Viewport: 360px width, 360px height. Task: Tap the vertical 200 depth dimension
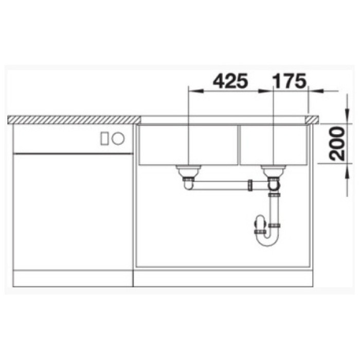click(x=338, y=143)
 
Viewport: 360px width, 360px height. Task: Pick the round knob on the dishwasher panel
click(x=118, y=138)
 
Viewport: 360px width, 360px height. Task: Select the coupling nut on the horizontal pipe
click(x=250, y=184)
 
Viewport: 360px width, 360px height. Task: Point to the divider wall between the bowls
click(x=239, y=145)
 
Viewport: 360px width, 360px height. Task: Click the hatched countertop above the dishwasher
click(x=72, y=120)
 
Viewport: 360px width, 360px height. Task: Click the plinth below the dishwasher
click(x=72, y=279)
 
